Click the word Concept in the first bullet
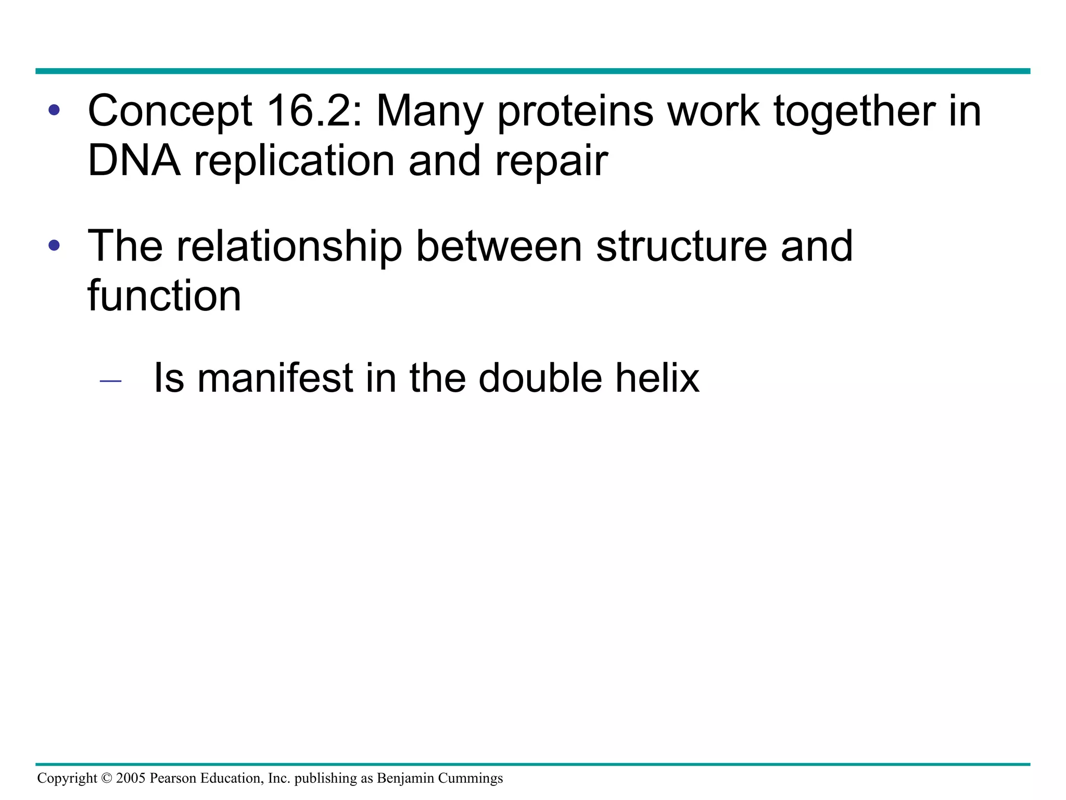click(x=170, y=112)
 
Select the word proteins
click(x=576, y=112)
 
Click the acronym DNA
click(x=134, y=161)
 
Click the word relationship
click(x=289, y=247)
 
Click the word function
click(x=164, y=296)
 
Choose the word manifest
click(x=276, y=378)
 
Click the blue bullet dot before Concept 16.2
click(x=54, y=110)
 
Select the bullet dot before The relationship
click(x=54, y=245)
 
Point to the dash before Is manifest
click(x=110, y=382)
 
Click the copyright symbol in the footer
click(x=107, y=779)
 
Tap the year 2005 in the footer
click(x=131, y=779)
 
